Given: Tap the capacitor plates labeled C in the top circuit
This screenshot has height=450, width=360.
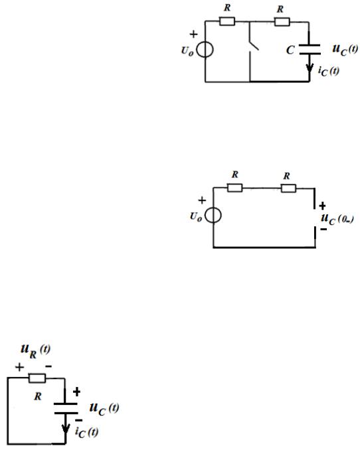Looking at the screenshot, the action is pyautogui.click(x=310, y=49).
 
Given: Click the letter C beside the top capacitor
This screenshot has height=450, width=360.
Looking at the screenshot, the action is pyautogui.click(x=290, y=50).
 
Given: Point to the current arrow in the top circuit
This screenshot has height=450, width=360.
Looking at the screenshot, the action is pyautogui.click(x=310, y=68).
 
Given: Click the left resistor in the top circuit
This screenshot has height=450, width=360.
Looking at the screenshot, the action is pyautogui.click(x=227, y=21).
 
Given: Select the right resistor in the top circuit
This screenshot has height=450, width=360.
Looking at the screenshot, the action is pyautogui.click(x=282, y=22).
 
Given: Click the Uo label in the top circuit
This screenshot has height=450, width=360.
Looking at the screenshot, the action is pyautogui.click(x=187, y=51).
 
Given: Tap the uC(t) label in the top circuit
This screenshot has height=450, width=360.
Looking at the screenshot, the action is pyautogui.click(x=345, y=50).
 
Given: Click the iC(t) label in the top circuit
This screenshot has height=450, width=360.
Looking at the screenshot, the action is pyautogui.click(x=328, y=71).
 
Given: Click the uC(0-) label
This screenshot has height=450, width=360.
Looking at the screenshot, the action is pyautogui.click(x=337, y=219).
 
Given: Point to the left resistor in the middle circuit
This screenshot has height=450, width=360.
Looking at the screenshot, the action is pyautogui.click(x=234, y=188).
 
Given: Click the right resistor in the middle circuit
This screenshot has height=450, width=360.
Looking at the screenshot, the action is pyautogui.click(x=288, y=188).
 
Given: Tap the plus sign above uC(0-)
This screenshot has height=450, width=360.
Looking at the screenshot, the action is pyautogui.click(x=322, y=206).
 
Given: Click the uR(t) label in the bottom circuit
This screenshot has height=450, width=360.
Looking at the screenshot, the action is pyautogui.click(x=35, y=351).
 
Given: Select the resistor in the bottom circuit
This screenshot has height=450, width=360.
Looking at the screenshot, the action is pyautogui.click(x=37, y=378).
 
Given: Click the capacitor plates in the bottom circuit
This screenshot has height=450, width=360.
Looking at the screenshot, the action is pyautogui.click(x=66, y=408).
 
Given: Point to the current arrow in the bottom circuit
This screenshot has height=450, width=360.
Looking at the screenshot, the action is pyautogui.click(x=66, y=428).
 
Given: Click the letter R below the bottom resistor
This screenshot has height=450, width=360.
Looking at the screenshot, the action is pyautogui.click(x=38, y=396).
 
